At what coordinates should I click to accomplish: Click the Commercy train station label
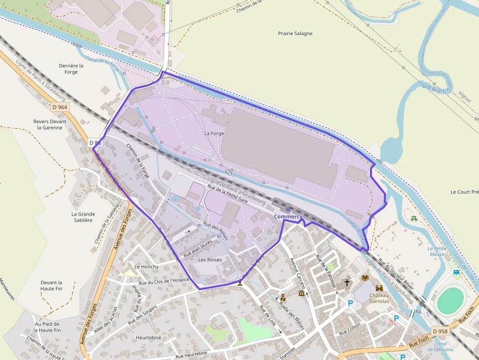pyautogui.click(x=288, y=216)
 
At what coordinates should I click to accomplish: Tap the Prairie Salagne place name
pyautogui.click(x=295, y=34)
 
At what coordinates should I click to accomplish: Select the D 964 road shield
pyautogui.click(x=60, y=107)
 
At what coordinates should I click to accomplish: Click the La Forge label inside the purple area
pyautogui.click(x=214, y=133)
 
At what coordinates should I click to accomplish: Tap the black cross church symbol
pyautogui.click(x=347, y=282)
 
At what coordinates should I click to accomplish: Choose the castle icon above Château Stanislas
pyautogui.click(x=379, y=289)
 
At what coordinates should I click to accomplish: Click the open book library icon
pyautogui.click(x=365, y=278)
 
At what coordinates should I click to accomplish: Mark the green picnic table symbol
pyautogui.click(x=414, y=218)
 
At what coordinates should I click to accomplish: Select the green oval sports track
pyautogui.click(x=450, y=300)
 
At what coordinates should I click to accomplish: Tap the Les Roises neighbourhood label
pyautogui.click(x=210, y=260)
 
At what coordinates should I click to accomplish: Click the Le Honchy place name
pyautogui.click(x=146, y=267)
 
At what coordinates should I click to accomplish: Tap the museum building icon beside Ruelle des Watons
pyautogui.click(x=302, y=293)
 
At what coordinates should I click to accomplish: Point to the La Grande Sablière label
pyautogui.click(x=83, y=217)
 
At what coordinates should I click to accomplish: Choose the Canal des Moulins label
pyautogui.click(x=440, y=347)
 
